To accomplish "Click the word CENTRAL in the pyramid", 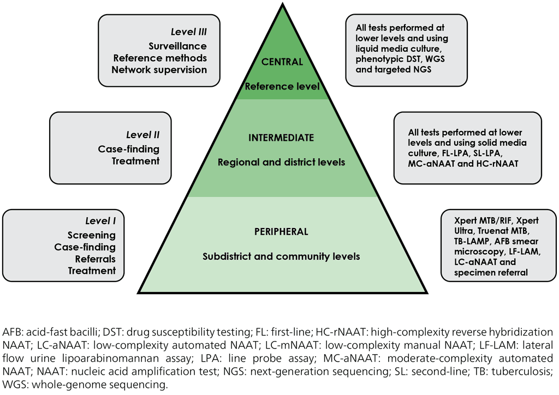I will coord(282,62).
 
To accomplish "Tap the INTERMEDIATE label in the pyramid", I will coord(282,139).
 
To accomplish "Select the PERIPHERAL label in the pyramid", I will coord(281,232).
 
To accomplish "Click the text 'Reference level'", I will coord(282,86).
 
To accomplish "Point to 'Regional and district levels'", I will coord(282,162).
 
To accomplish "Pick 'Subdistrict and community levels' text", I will coord(281,256).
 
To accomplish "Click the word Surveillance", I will coord(177,46).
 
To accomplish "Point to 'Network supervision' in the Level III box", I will coord(159,69).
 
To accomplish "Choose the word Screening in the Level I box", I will coord(92,235).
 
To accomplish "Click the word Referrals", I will coord(96,259).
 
